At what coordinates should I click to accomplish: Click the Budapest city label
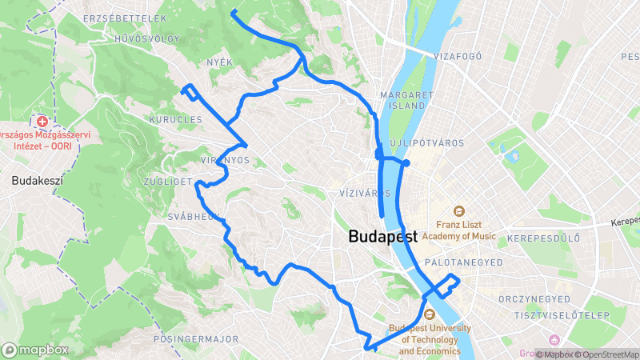point(383,238)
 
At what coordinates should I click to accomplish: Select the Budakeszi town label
point(37,181)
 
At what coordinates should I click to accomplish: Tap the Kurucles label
point(175,119)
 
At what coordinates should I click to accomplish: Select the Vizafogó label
point(457,57)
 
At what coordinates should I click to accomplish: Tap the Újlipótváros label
point(426,143)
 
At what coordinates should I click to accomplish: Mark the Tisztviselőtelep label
point(569,314)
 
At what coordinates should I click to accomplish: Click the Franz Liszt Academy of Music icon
point(459,212)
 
